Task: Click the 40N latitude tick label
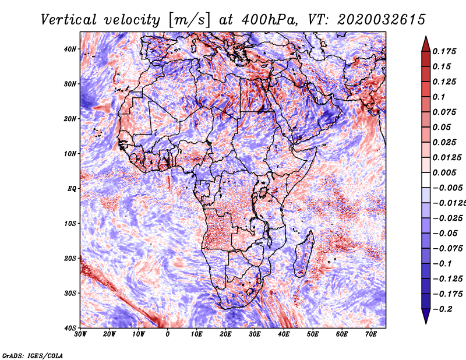tap(70, 49)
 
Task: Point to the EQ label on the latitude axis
tap(72, 189)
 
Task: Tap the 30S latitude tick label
tap(70, 294)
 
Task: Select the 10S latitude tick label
tap(70, 224)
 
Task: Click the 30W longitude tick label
tap(80, 334)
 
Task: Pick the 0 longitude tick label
tap(168, 334)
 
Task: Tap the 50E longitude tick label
tap(313, 334)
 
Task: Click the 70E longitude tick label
tap(371, 334)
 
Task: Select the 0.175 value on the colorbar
tap(444, 51)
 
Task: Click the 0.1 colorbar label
tap(439, 97)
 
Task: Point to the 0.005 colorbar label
tap(444, 172)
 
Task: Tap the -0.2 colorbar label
tap(443, 309)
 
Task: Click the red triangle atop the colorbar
tap(426, 45)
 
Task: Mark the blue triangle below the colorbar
tap(426, 316)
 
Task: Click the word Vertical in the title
tap(69, 20)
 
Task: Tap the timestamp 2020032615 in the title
tap(382, 20)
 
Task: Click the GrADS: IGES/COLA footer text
tap(33, 356)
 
